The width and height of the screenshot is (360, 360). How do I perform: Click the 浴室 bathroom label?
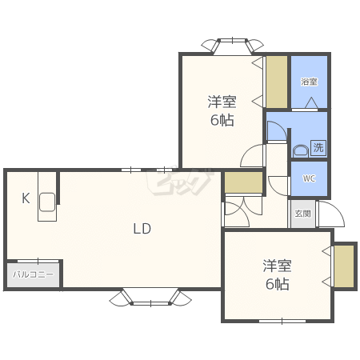(309, 82)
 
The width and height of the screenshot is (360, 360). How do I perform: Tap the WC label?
(309, 178)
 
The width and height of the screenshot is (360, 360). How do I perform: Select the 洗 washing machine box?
(318, 147)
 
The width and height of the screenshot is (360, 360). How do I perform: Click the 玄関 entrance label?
(302, 214)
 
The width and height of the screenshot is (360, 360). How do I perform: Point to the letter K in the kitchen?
(26, 198)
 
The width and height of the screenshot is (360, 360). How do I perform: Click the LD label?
(142, 229)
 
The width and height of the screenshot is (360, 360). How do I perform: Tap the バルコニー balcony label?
(33, 274)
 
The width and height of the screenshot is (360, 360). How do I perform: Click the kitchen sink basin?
(47, 202)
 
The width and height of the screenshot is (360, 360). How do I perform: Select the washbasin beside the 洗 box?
(301, 151)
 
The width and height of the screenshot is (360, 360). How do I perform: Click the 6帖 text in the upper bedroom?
(222, 120)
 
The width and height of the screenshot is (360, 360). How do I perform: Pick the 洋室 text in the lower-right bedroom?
(277, 266)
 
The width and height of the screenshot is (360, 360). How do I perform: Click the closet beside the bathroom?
(277, 82)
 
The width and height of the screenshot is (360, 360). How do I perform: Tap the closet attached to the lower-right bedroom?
(344, 266)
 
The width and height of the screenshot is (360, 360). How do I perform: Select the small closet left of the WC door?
(243, 182)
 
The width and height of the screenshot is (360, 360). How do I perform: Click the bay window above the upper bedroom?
(232, 46)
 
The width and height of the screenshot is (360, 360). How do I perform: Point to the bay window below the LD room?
(150, 297)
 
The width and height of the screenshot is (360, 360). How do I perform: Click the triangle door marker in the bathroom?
(311, 103)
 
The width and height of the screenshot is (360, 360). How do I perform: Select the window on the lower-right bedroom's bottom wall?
(282, 321)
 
